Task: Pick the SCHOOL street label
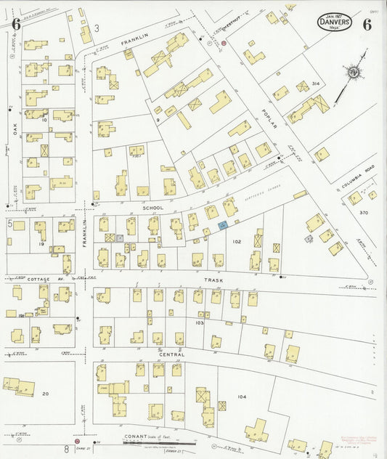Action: point(152,208)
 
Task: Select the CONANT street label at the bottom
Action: point(134,436)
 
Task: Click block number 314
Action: point(316,84)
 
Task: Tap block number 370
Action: point(364,212)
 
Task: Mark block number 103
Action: point(200,322)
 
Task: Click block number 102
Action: point(236,240)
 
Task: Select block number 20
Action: point(45,393)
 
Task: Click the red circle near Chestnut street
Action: point(224,43)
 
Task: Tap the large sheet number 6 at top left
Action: point(15,24)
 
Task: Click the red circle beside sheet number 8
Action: point(77,440)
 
